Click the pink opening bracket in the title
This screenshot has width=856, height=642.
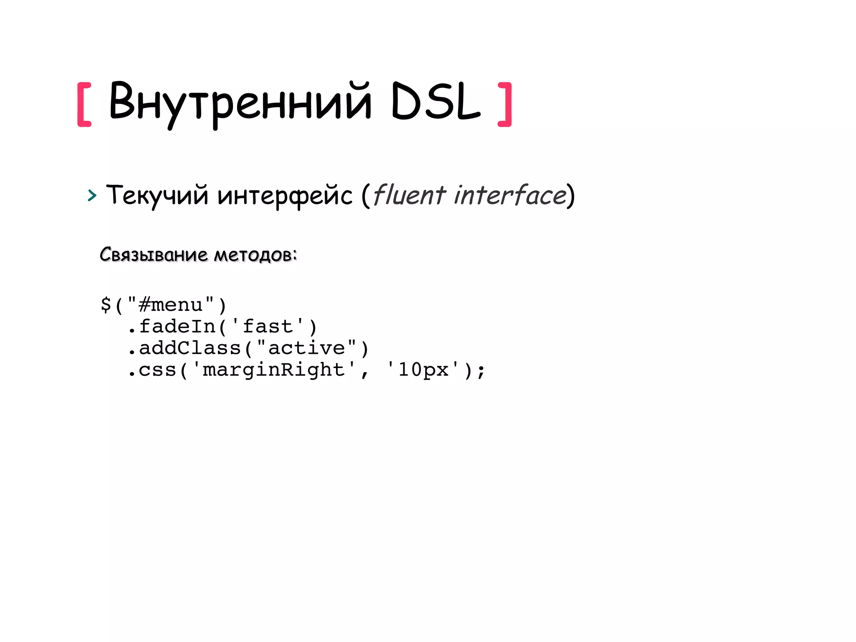(x=84, y=104)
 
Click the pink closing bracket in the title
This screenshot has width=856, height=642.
(x=505, y=104)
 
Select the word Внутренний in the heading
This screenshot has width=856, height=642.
(x=240, y=102)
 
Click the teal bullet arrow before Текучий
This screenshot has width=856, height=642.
(x=92, y=195)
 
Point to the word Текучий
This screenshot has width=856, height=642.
(x=157, y=195)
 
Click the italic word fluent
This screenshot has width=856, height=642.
(x=409, y=195)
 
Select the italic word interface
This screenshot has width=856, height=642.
(x=510, y=195)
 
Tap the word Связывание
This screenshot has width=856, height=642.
(x=153, y=254)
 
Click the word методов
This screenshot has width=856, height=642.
(x=255, y=255)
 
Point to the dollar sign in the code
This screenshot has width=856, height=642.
(x=106, y=304)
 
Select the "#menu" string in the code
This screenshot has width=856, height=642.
(x=171, y=304)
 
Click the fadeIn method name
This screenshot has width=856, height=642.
(x=177, y=326)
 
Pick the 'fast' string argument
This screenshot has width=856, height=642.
(x=267, y=326)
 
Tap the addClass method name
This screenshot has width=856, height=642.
(x=190, y=348)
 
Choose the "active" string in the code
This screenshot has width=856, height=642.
(x=306, y=348)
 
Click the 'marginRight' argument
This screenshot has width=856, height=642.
(x=274, y=370)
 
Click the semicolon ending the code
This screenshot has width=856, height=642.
(x=481, y=371)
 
